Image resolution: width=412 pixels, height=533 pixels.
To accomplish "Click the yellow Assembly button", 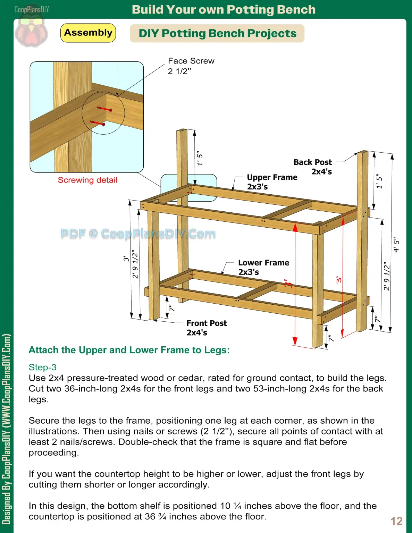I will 88,33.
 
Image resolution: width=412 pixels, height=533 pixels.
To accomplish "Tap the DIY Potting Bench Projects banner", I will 217,33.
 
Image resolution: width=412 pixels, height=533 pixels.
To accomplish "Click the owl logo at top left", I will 31,31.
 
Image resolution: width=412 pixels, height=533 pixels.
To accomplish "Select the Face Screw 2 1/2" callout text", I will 191,66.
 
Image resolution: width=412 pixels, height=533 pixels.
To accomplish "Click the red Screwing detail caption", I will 87,180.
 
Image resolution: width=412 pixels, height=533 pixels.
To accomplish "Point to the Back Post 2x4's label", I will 313,167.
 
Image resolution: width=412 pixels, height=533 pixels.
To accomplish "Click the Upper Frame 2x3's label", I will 272,182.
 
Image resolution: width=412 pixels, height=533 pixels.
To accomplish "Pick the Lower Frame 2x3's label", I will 263,267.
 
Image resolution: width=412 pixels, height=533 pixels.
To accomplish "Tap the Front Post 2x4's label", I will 207,328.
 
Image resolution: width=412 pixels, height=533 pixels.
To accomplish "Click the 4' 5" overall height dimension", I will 397,245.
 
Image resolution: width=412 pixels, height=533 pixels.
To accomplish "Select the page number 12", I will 396,521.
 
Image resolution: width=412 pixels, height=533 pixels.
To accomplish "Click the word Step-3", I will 42,367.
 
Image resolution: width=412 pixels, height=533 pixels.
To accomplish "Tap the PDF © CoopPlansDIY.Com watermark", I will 138,234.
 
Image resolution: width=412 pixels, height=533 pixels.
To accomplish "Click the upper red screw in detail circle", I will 104,109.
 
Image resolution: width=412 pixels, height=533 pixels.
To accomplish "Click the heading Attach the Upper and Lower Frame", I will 129,350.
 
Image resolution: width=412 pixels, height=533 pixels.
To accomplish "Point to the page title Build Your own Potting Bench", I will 224,9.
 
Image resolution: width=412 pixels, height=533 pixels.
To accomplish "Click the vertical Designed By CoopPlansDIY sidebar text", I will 6,429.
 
